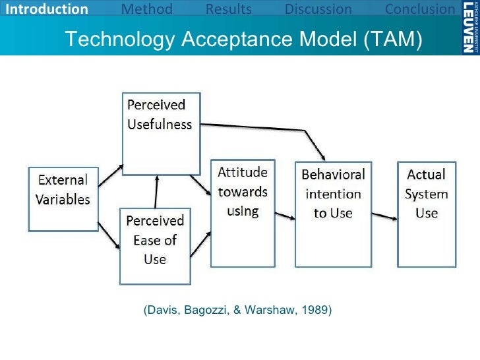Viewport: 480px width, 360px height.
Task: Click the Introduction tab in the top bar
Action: (x=44, y=9)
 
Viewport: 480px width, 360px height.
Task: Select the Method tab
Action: (x=147, y=9)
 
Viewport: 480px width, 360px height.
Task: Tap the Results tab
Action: (x=228, y=9)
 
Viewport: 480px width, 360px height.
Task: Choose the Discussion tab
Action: (x=318, y=9)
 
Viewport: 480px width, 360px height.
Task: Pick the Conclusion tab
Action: (x=419, y=9)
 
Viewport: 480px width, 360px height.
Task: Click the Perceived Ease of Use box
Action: (x=154, y=237)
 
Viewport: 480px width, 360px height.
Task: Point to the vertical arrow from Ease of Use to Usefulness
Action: (x=156, y=191)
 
